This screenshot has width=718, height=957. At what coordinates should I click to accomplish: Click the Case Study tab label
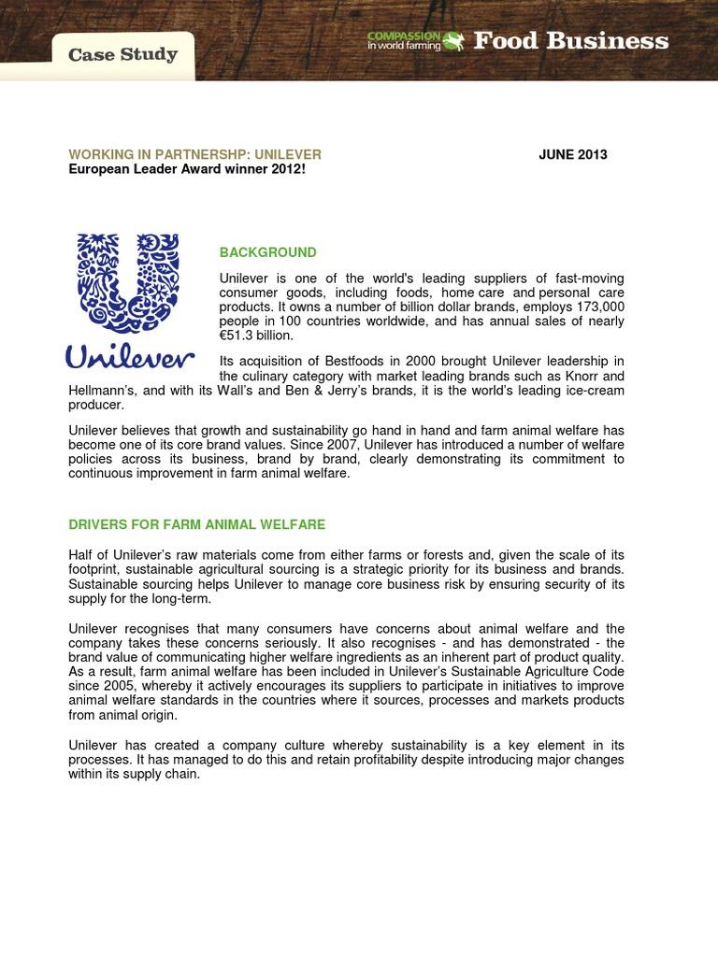click(x=122, y=54)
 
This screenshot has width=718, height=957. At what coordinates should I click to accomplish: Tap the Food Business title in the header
click(x=570, y=41)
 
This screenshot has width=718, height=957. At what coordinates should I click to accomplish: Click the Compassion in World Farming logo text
click(x=403, y=40)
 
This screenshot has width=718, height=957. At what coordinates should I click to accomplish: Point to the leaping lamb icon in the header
click(x=453, y=40)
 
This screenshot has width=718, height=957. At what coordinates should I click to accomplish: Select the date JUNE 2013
click(x=572, y=154)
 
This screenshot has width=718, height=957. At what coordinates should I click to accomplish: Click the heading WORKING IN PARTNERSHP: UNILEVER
click(x=194, y=154)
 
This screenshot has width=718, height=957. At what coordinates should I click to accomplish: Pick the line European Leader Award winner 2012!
click(x=187, y=168)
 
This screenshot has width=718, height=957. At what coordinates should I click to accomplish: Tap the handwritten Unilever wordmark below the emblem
click(x=130, y=357)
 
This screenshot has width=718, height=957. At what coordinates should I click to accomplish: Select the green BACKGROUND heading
click(x=267, y=252)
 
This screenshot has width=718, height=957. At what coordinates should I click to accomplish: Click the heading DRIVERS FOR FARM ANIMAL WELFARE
click(x=196, y=524)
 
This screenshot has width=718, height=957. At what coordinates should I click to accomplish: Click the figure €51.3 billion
click(x=256, y=336)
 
